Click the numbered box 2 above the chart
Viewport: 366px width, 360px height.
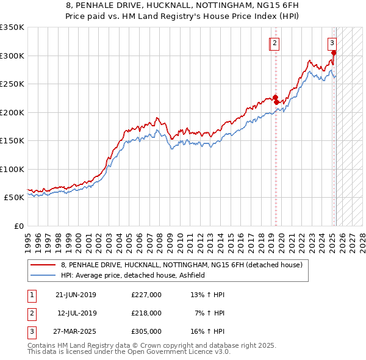(275, 43)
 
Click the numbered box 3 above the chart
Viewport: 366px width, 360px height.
(332, 43)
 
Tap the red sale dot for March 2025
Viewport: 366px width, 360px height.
(334, 53)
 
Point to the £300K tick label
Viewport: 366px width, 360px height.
(13, 56)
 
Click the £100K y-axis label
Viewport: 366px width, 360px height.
(13, 169)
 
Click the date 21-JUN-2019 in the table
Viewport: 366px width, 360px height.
(75, 295)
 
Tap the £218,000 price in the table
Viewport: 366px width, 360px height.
(146, 313)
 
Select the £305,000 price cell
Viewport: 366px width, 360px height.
(146, 331)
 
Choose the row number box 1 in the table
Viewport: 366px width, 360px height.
(31, 295)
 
